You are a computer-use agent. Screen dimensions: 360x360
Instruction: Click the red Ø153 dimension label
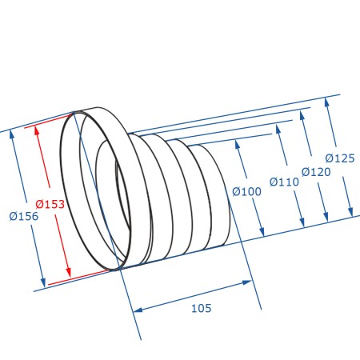tap(50, 204)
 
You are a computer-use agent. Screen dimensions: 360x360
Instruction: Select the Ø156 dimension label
tap(24, 216)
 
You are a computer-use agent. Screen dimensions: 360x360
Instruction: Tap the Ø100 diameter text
tap(246, 191)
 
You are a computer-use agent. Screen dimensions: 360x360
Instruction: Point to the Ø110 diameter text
tap(284, 182)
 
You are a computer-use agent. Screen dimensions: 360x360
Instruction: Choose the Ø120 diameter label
tap(316, 172)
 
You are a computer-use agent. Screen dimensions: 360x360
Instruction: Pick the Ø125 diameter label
tap(340, 158)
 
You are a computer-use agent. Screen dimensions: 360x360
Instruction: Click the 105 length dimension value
tap(202, 308)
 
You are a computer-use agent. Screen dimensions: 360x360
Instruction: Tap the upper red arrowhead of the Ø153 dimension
tap(37, 130)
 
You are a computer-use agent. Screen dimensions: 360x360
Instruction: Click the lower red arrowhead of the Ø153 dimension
tap(69, 271)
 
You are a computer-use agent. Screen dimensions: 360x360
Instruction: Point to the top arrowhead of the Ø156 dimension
tap(11, 134)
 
